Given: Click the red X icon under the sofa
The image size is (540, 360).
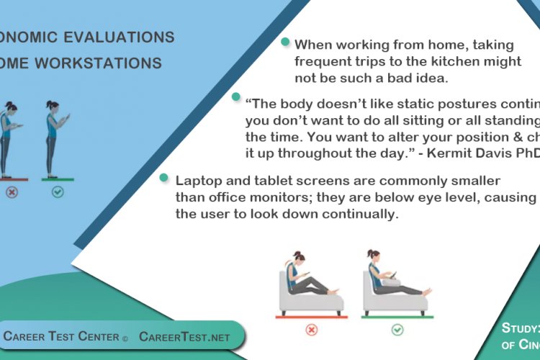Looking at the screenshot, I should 312,330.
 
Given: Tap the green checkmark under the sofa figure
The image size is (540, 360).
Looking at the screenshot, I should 397,330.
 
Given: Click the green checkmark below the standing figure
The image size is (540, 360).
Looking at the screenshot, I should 58,192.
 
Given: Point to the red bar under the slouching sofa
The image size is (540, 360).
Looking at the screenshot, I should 311,316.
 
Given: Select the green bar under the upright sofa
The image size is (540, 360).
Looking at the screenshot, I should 397,316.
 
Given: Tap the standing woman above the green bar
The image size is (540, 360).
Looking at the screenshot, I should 54,137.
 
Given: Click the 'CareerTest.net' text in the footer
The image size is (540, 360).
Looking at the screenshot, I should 184,336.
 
